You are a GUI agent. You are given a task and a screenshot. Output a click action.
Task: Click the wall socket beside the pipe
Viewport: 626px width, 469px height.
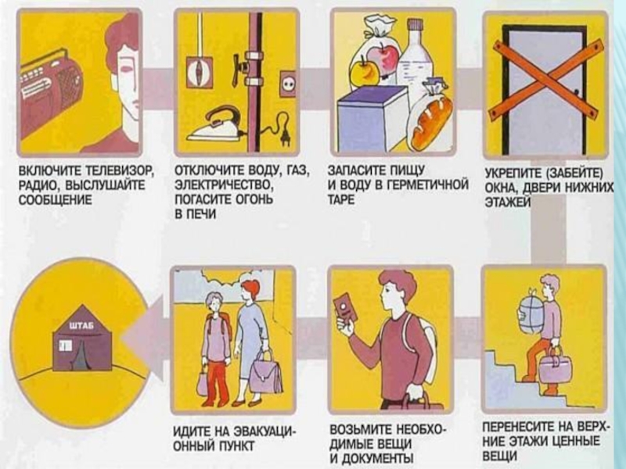pos(287,84)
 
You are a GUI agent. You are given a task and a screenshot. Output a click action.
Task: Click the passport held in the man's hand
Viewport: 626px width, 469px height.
pos(346,308)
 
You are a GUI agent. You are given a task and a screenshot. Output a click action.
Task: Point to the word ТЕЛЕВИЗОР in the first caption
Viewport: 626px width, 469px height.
pos(121,172)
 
